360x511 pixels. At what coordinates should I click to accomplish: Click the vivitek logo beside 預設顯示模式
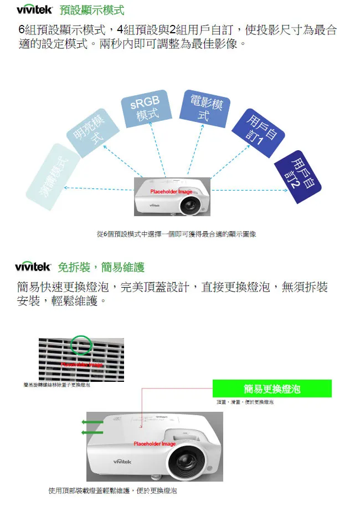click(34, 9)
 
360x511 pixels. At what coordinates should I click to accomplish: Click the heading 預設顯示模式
click(92, 10)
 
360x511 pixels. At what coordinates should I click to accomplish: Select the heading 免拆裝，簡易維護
click(101, 267)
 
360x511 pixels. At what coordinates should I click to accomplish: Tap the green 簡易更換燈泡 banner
click(272, 389)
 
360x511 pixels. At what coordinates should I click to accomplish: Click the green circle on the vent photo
click(81, 345)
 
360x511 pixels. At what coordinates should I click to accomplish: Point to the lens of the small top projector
click(191, 206)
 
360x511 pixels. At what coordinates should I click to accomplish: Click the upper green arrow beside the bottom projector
click(92, 423)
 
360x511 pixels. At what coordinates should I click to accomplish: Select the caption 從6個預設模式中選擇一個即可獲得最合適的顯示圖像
click(176, 234)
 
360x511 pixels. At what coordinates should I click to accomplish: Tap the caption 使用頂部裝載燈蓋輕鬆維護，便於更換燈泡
click(113, 490)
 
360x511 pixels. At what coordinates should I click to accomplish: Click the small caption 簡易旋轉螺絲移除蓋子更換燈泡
click(58, 385)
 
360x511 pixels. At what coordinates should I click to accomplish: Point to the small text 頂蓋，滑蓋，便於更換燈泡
click(245, 402)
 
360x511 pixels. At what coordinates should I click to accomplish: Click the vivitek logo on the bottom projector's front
click(122, 462)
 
